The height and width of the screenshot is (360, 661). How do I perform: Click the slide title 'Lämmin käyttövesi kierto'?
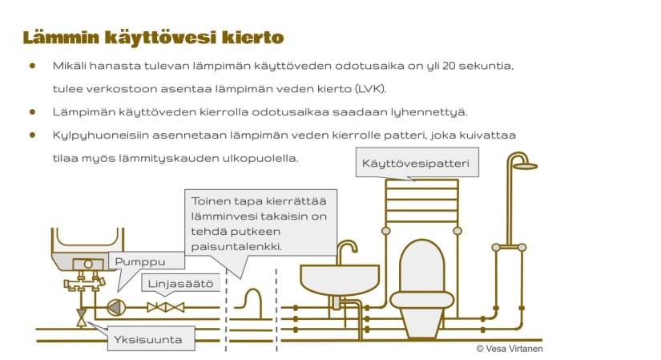(153, 37)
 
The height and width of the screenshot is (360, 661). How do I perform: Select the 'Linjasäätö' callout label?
(171, 283)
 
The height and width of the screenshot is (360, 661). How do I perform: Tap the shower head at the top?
(524, 165)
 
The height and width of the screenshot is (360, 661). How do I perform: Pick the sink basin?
(340, 278)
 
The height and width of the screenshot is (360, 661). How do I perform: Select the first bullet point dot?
(33, 66)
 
